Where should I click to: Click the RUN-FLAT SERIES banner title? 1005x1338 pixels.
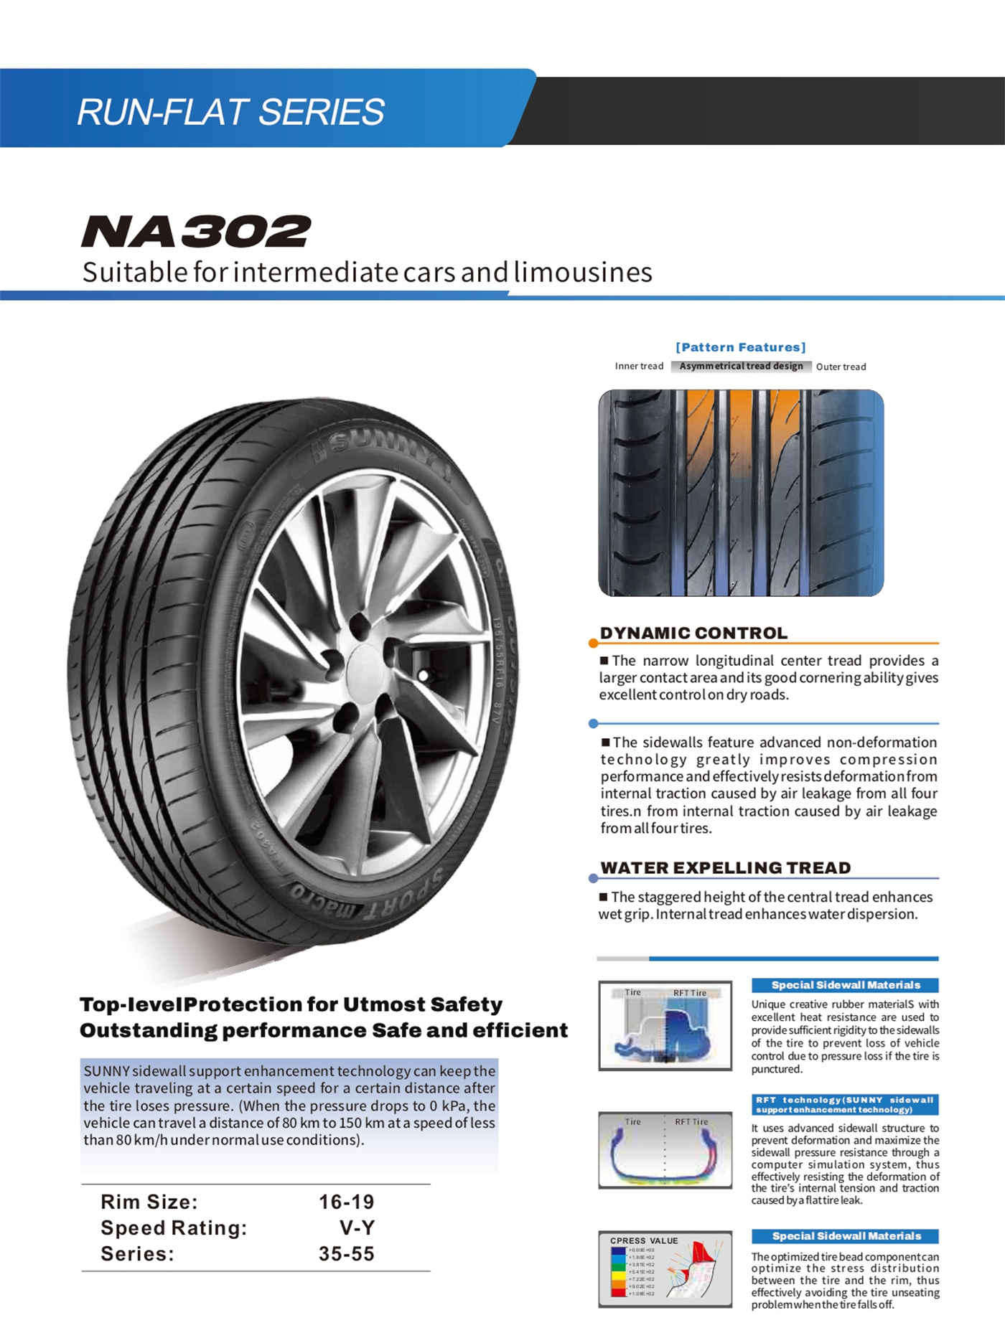(x=230, y=112)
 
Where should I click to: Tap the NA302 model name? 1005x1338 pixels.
(x=196, y=231)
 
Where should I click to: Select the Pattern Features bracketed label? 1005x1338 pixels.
(x=740, y=347)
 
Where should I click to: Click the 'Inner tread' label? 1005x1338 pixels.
(x=639, y=366)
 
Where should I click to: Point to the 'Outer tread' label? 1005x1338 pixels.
(x=841, y=367)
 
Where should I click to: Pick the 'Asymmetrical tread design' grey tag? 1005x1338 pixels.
(x=741, y=366)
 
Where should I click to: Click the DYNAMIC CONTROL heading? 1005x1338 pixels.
(x=693, y=633)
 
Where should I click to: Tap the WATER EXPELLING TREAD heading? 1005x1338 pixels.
(x=725, y=867)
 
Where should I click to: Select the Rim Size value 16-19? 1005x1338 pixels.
(x=346, y=1202)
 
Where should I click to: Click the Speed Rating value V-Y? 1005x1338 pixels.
(x=357, y=1228)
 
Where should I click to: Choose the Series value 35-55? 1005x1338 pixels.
(x=346, y=1253)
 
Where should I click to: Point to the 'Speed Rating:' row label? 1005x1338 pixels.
(x=174, y=1228)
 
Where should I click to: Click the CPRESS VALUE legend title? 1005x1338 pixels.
(x=644, y=1240)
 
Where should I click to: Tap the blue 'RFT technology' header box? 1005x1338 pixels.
(x=845, y=1104)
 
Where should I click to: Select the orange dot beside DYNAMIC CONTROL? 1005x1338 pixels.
(x=593, y=643)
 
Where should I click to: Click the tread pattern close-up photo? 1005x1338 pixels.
(x=741, y=493)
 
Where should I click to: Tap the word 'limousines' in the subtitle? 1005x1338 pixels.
(x=583, y=273)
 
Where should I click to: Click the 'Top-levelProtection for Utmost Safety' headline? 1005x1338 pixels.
(x=291, y=1004)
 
